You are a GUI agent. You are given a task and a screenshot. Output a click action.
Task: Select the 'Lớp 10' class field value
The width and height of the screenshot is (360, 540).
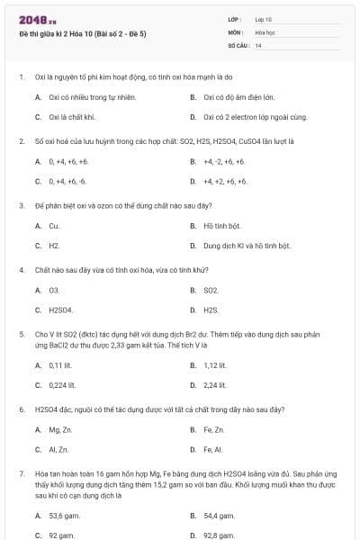click(x=264, y=18)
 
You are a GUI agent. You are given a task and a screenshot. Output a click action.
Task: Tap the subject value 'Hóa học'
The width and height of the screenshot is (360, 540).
click(x=265, y=31)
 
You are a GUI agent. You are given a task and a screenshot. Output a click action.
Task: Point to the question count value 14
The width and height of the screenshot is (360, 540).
click(x=258, y=44)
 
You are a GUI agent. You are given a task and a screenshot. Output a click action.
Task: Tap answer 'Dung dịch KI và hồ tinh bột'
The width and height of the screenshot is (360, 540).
click(x=247, y=245)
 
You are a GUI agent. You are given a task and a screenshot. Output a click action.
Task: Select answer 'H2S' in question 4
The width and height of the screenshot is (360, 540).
click(x=211, y=310)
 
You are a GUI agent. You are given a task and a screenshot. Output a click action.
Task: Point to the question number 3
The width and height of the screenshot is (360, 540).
click(x=21, y=205)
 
